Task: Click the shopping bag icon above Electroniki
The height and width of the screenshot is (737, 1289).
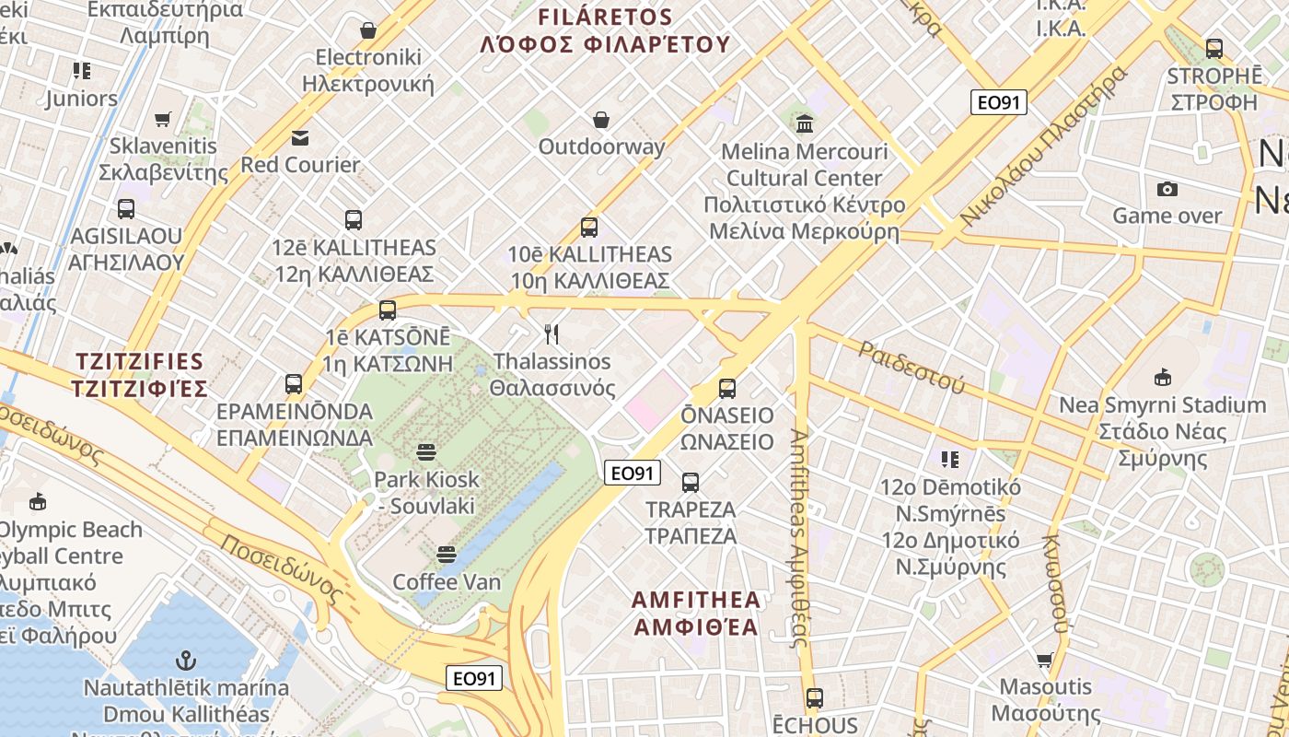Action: [368, 30]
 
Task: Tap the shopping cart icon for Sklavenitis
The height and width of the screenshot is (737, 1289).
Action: [163, 119]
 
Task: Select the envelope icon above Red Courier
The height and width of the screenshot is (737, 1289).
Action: [300, 138]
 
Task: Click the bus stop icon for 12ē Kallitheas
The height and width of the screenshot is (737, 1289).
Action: [354, 220]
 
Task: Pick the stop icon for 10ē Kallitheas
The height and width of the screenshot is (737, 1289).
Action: [589, 227]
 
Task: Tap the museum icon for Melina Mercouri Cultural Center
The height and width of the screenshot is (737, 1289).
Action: [805, 123]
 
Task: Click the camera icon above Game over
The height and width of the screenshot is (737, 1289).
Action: [1167, 189]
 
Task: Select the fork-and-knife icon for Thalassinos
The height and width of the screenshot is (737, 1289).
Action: [552, 334]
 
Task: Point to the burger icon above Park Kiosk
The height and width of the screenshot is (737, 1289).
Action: [425, 452]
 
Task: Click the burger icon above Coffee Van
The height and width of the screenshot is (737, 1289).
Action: [447, 555]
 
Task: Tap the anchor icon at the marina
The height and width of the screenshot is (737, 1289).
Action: [186, 661]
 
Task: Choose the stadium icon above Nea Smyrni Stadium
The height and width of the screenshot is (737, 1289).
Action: [1162, 378]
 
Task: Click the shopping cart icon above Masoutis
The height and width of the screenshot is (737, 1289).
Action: [1045, 660]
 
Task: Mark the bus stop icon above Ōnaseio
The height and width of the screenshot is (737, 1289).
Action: [727, 389]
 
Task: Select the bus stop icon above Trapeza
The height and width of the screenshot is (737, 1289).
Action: [691, 483]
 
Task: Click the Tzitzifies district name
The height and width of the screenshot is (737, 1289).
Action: [141, 373]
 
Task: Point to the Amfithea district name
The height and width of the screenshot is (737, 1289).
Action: [696, 614]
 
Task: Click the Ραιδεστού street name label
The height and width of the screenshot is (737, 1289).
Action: [912, 367]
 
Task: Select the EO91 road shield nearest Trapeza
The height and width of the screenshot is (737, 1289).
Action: [633, 474]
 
